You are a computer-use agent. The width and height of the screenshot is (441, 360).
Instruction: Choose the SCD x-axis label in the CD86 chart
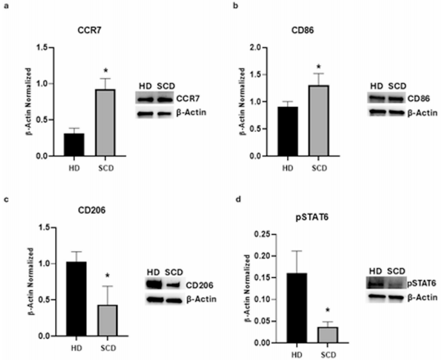click(318, 168)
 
